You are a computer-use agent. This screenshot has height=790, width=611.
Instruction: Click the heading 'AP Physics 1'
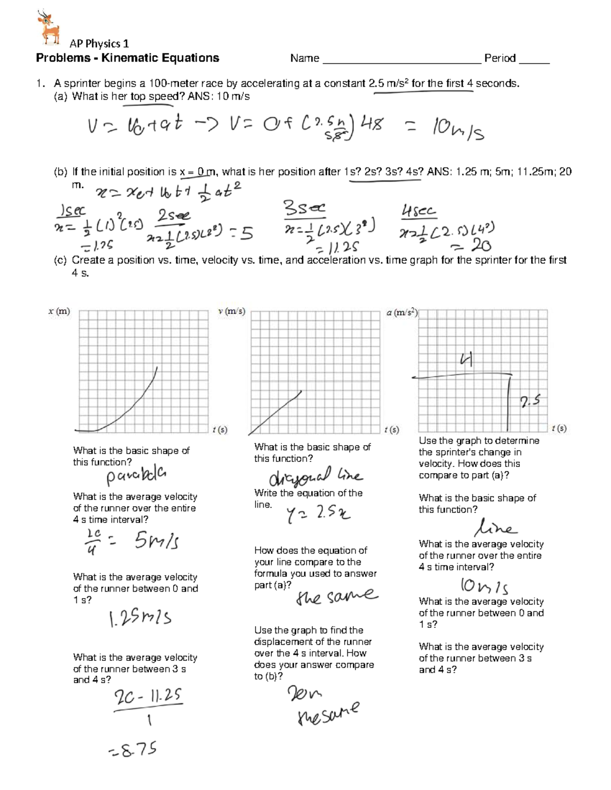tap(99, 44)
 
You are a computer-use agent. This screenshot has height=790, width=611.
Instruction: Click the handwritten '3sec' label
tap(304, 208)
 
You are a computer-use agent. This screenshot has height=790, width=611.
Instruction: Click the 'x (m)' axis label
tap(59, 311)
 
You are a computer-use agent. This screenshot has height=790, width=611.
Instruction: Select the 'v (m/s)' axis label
tap(232, 311)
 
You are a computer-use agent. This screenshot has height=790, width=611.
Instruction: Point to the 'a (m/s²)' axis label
tap(402, 313)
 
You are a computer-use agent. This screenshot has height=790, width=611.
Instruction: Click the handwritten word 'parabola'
tap(136, 476)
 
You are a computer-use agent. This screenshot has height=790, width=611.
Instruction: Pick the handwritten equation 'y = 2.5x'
tap(319, 515)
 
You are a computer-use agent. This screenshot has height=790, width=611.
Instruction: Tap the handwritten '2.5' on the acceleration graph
tap(530, 402)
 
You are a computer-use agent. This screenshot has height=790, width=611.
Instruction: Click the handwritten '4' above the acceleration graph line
tap(466, 360)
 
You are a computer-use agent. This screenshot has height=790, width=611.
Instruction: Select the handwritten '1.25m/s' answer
tap(140, 618)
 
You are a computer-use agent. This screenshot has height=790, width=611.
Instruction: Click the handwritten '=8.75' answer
tap(132, 749)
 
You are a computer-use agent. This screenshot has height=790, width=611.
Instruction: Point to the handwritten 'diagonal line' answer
tap(316, 477)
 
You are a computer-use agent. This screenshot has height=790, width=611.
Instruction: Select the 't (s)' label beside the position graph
tap(219, 430)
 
